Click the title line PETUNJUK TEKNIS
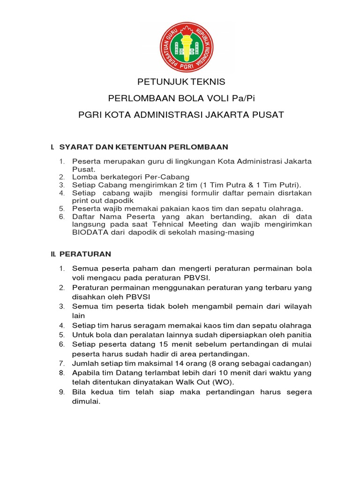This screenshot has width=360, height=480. click(x=181, y=82)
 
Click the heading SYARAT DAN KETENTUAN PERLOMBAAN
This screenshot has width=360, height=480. click(x=143, y=147)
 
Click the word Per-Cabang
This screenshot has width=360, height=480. click(x=168, y=177)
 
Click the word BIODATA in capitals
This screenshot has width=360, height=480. click(x=88, y=232)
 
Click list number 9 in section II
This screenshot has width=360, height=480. click(x=61, y=392)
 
